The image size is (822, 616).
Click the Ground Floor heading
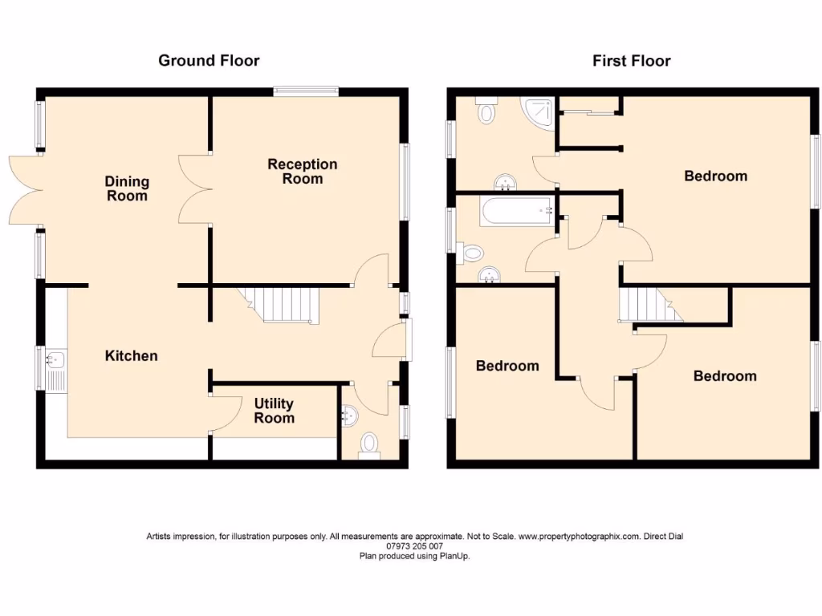point(209,60)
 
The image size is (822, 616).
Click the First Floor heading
point(631,60)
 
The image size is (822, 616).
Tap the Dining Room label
point(128,188)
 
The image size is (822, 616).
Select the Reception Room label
point(303,172)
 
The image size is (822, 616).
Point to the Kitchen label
point(132,355)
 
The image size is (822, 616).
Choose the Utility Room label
point(274,411)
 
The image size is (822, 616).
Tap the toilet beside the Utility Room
point(369,444)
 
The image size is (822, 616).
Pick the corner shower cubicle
point(538,114)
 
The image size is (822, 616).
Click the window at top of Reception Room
point(305,91)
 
